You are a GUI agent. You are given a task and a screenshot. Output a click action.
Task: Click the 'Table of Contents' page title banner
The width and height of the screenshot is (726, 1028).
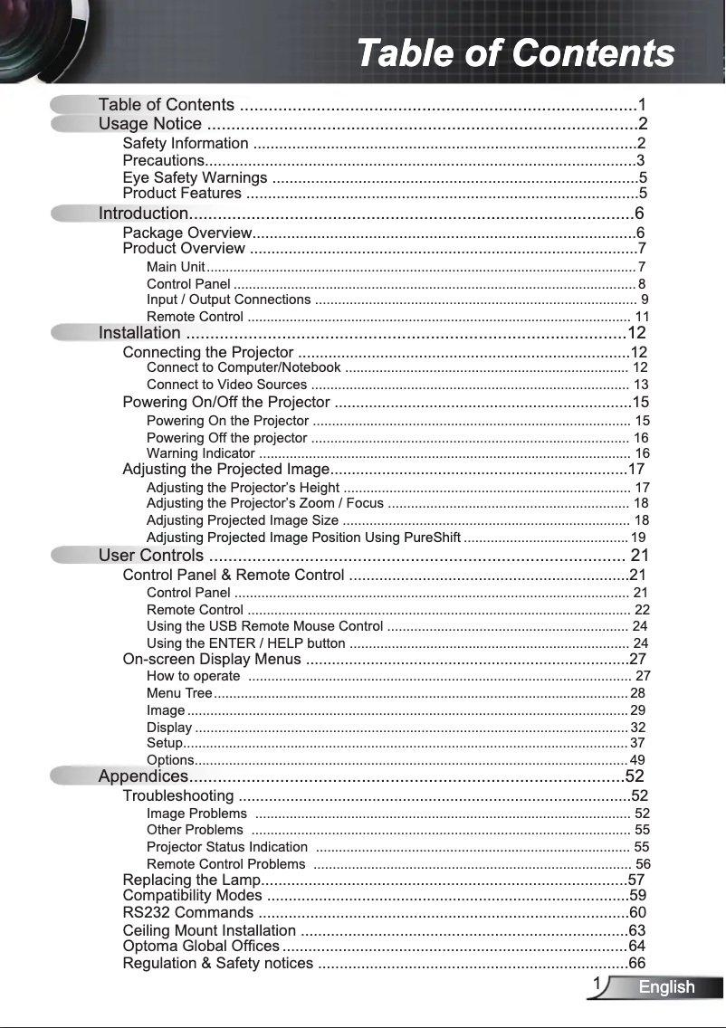[515, 53]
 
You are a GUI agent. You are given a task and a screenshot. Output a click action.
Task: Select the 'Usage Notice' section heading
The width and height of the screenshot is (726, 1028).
[150, 124]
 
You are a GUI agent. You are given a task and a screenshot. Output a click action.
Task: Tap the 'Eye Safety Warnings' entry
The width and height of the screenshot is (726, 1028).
[195, 177]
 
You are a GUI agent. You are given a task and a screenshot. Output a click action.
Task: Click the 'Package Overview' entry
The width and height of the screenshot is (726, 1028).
[186, 233]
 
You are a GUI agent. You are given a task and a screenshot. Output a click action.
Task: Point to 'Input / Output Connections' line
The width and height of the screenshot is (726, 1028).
[228, 300]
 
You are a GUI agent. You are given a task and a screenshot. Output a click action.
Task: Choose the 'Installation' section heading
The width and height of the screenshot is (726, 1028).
[139, 333]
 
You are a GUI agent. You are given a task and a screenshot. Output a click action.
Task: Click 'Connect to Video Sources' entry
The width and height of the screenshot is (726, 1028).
[226, 385]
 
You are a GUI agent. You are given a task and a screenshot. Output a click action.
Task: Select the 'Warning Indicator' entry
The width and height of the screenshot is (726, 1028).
[200, 453]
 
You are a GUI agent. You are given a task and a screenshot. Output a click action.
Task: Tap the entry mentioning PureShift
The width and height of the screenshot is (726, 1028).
[303, 537]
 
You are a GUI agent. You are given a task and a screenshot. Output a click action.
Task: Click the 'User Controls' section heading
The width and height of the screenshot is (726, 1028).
[151, 556]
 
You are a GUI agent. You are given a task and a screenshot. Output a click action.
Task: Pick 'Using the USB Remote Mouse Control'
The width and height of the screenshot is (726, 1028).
[264, 626]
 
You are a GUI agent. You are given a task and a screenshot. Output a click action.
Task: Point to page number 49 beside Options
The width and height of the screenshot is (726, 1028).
[637, 760]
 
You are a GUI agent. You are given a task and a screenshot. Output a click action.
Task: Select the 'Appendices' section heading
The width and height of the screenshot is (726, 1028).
[143, 776]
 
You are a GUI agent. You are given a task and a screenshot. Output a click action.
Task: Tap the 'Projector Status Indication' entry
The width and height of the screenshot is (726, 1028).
[227, 847]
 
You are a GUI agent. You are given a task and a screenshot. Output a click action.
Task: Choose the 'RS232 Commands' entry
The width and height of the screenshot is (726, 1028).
[188, 912]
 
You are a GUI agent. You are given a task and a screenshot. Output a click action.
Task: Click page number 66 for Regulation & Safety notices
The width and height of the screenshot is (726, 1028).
[637, 963]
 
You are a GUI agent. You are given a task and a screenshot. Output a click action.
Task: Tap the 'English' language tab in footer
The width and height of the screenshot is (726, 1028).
[666, 987]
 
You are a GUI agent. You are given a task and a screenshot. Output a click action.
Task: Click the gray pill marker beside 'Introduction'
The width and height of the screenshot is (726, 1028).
[72, 214]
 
